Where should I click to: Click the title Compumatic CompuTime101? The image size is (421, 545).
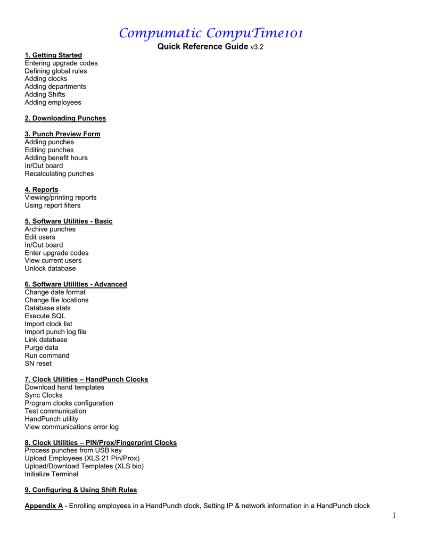[211, 34]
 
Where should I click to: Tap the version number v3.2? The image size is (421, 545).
[257, 47]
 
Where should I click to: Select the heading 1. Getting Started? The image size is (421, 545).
[53, 55]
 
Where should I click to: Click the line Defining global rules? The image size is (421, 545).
[56, 71]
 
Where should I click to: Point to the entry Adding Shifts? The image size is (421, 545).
[45, 95]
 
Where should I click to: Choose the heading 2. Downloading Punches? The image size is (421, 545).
[65, 118]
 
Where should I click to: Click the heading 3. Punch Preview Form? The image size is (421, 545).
[62, 134]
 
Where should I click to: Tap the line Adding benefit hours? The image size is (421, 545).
[56, 158]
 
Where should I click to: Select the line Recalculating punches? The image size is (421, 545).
[59, 174]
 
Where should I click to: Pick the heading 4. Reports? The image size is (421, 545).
[42, 189]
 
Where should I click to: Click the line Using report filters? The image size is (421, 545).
[53, 205]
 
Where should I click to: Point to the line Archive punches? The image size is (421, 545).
[50, 229]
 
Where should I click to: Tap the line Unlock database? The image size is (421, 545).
[50, 269]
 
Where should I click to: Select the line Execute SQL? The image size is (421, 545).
[45, 316]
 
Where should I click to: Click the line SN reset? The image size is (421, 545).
[38, 364]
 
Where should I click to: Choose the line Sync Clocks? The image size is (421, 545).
[44, 395]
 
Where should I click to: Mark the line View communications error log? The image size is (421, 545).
[71, 427]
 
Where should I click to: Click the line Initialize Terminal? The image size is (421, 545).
[51, 474]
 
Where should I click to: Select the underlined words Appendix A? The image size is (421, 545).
[44, 506]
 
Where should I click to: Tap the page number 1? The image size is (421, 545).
[394, 515]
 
